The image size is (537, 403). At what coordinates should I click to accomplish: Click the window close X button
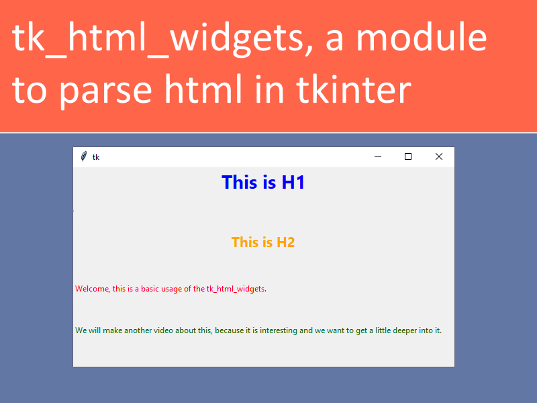[x=439, y=156]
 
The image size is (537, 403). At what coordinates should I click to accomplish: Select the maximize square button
[x=408, y=156]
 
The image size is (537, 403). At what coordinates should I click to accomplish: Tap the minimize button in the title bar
[x=378, y=156]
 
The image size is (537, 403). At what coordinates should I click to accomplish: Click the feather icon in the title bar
[x=83, y=156]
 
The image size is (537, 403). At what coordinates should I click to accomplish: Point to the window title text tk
[x=96, y=157]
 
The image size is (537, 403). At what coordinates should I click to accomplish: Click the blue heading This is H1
[x=263, y=182]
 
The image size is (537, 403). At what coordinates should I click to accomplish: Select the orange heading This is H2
[x=263, y=242]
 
